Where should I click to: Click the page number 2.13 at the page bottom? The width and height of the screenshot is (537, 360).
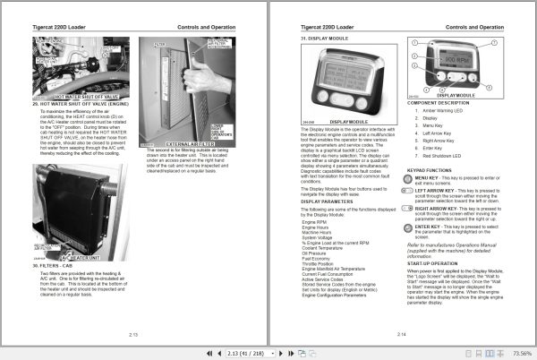[132, 333]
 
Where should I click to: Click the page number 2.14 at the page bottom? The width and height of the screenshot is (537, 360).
[402, 333]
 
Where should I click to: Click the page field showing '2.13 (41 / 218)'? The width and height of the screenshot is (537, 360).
[256, 352]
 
